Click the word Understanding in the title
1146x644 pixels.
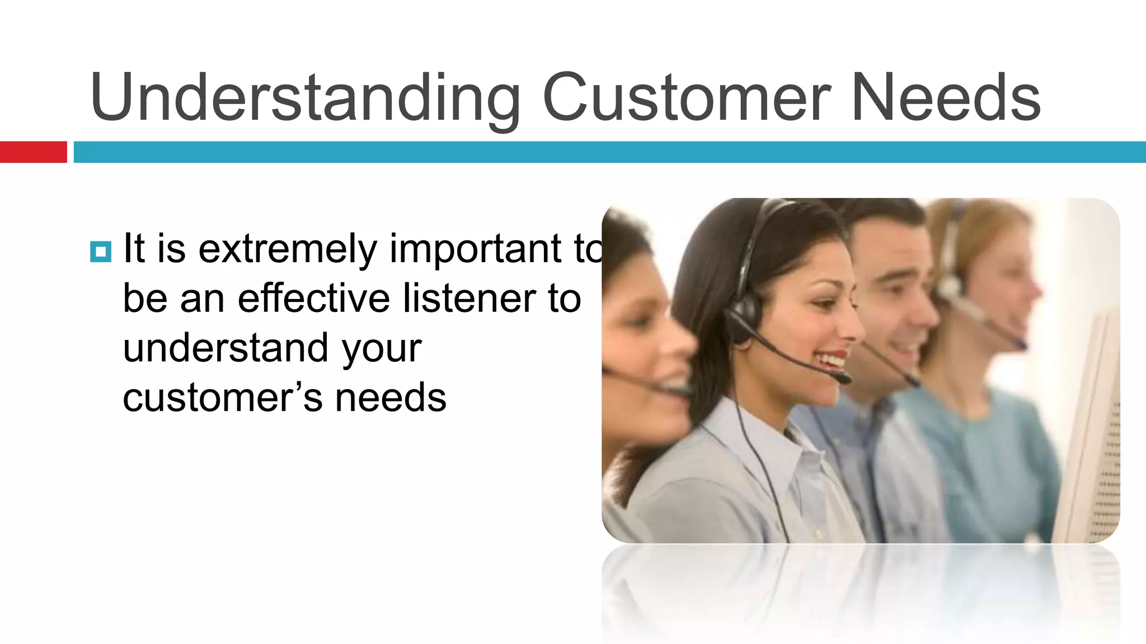click(305, 98)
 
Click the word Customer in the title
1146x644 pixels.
click(686, 98)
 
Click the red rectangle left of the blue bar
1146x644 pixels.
click(33, 152)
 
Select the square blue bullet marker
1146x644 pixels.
click(101, 252)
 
